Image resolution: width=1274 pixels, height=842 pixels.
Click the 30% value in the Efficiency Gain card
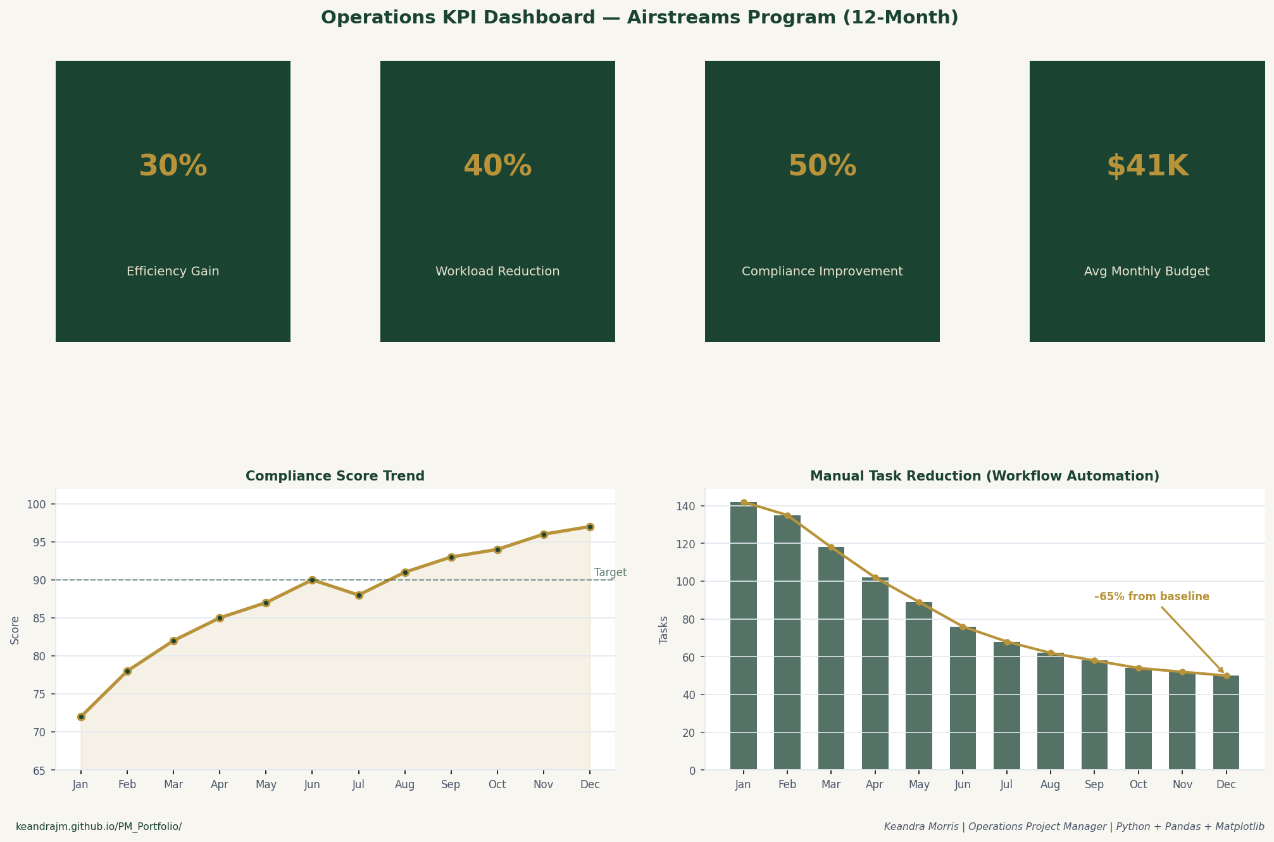(x=173, y=167)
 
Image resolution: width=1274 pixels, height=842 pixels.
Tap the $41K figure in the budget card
(x=1147, y=167)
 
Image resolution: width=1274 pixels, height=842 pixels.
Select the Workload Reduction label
(x=497, y=272)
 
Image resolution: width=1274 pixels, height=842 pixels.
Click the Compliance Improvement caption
(x=821, y=272)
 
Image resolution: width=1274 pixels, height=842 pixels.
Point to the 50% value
(x=821, y=167)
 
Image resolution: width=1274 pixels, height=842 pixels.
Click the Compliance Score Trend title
(x=335, y=476)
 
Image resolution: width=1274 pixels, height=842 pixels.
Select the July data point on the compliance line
(x=358, y=595)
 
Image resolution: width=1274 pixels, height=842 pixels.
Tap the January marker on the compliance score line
(x=81, y=717)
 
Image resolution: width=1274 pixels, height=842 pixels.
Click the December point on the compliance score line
(x=590, y=527)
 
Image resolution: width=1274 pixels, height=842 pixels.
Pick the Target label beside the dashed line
(x=610, y=572)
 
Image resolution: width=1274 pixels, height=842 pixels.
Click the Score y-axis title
(x=15, y=631)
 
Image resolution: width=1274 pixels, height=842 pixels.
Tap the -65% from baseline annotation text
(x=1151, y=596)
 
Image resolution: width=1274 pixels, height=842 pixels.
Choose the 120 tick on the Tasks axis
(x=687, y=544)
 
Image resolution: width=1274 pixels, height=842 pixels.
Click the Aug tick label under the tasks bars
(x=1050, y=785)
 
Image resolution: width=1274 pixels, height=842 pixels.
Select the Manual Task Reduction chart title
(x=984, y=476)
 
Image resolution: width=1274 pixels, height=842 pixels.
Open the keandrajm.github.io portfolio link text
(x=99, y=827)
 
